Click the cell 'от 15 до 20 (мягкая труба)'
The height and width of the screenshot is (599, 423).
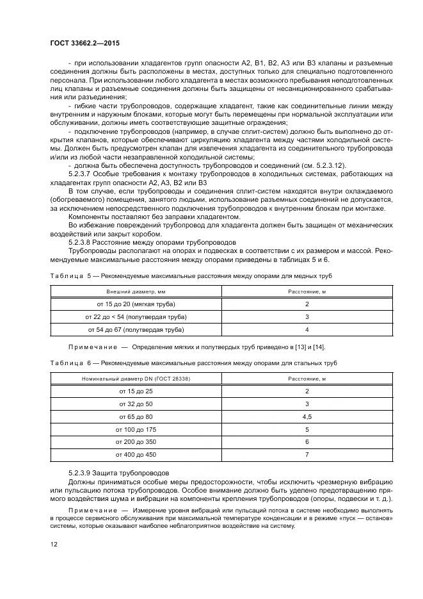point(136,304)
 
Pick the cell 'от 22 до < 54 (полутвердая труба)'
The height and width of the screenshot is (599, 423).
point(136,316)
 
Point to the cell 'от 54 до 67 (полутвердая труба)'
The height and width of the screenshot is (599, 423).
point(136,329)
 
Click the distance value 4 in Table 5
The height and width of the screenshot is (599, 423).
point(307,329)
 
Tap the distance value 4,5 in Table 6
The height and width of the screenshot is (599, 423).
point(307,416)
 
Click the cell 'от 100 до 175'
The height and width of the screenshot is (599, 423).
point(136,429)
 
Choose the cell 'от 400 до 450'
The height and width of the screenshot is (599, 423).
point(136,455)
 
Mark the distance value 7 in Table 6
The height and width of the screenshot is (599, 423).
point(307,455)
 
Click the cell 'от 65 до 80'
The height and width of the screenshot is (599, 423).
point(136,416)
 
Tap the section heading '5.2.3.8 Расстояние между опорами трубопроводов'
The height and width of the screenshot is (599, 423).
point(152,242)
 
